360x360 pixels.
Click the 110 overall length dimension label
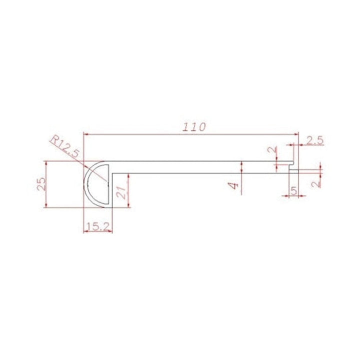[194, 127]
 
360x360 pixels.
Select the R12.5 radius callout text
[65, 146]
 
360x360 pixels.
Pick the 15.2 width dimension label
[97, 226]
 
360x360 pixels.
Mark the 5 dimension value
[293, 190]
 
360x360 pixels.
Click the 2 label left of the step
[270, 150]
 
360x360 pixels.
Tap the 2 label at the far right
[314, 183]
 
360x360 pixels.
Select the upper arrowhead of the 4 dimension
[241, 163]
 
